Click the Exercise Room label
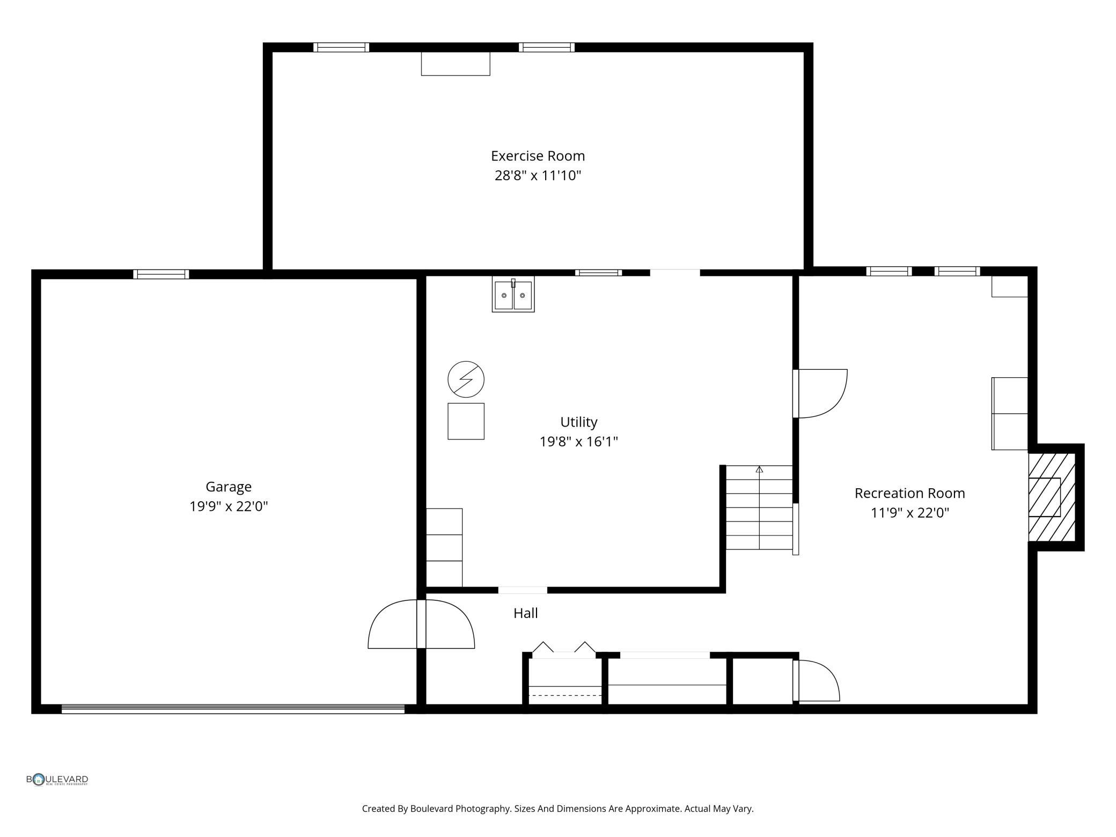coord(538,156)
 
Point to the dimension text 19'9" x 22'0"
coord(229,506)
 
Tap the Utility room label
coord(578,422)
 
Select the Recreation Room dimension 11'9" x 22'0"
coord(909,513)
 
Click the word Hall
coord(525,613)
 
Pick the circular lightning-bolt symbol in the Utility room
coord(466,379)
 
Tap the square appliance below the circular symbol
coord(466,421)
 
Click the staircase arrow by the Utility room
coord(759,470)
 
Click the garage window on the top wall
coord(161,274)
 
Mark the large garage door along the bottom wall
coord(233,709)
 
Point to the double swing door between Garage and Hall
coord(421,625)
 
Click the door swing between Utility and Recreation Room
coord(821,393)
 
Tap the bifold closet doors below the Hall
coord(563,648)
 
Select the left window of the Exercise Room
coord(341,47)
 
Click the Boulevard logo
coord(57,780)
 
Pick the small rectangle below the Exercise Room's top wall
coord(455,64)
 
